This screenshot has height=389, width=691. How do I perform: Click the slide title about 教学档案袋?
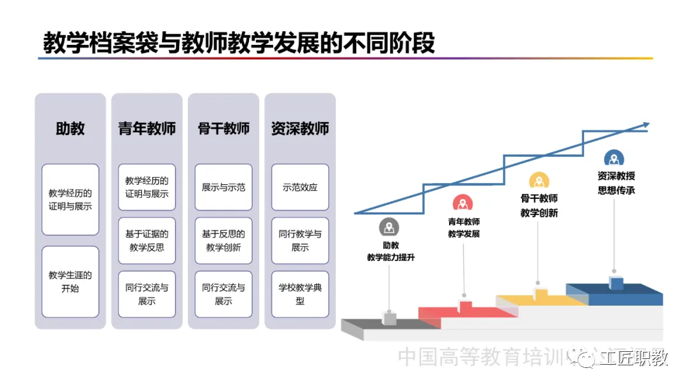(239, 43)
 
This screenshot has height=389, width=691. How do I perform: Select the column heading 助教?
(70, 129)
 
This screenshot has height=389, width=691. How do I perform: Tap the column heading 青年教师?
(147, 129)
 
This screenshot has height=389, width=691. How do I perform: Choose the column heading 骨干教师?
(223, 129)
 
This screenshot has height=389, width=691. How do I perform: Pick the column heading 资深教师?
(300, 129)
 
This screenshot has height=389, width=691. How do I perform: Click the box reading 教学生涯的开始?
(70, 282)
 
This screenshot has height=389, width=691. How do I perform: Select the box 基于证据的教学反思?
(147, 241)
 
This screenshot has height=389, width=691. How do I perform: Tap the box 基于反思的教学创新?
(223, 241)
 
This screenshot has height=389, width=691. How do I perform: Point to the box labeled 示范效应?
(300, 187)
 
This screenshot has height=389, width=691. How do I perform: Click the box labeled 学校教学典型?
(300, 294)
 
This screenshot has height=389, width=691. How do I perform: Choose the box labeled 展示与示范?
(223, 187)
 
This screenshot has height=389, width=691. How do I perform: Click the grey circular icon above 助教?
(389, 227)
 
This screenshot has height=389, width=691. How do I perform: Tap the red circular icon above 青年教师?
(463, 203)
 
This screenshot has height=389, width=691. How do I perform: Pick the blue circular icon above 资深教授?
(614, 159)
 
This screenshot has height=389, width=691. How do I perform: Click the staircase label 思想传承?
(616, 191)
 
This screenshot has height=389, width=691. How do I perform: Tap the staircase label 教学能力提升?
(390, 258)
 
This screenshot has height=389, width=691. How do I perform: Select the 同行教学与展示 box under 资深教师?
(300, 241)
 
